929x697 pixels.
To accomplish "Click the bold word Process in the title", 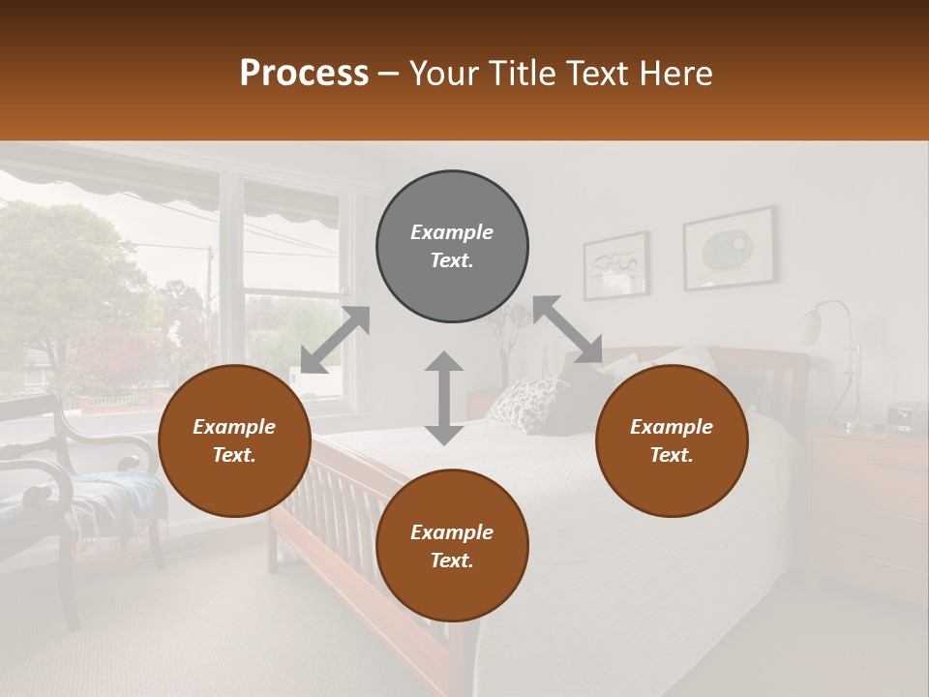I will [x=304, y=74].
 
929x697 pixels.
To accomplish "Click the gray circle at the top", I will [x=452, y=246].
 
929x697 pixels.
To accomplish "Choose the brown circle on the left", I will [x=234, y=440].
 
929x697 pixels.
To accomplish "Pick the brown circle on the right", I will [x=672, y=440].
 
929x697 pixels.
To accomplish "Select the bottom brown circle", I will [x=452, y=546].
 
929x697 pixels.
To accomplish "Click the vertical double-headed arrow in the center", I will [x=444, y=398].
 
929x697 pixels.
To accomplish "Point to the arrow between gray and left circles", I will [x=335, y=340].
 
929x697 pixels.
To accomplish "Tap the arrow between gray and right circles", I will [x=568, y=329].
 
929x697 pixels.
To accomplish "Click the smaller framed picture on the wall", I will [x=615, y=264].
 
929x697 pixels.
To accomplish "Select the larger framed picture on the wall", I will [x=729, y=248].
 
